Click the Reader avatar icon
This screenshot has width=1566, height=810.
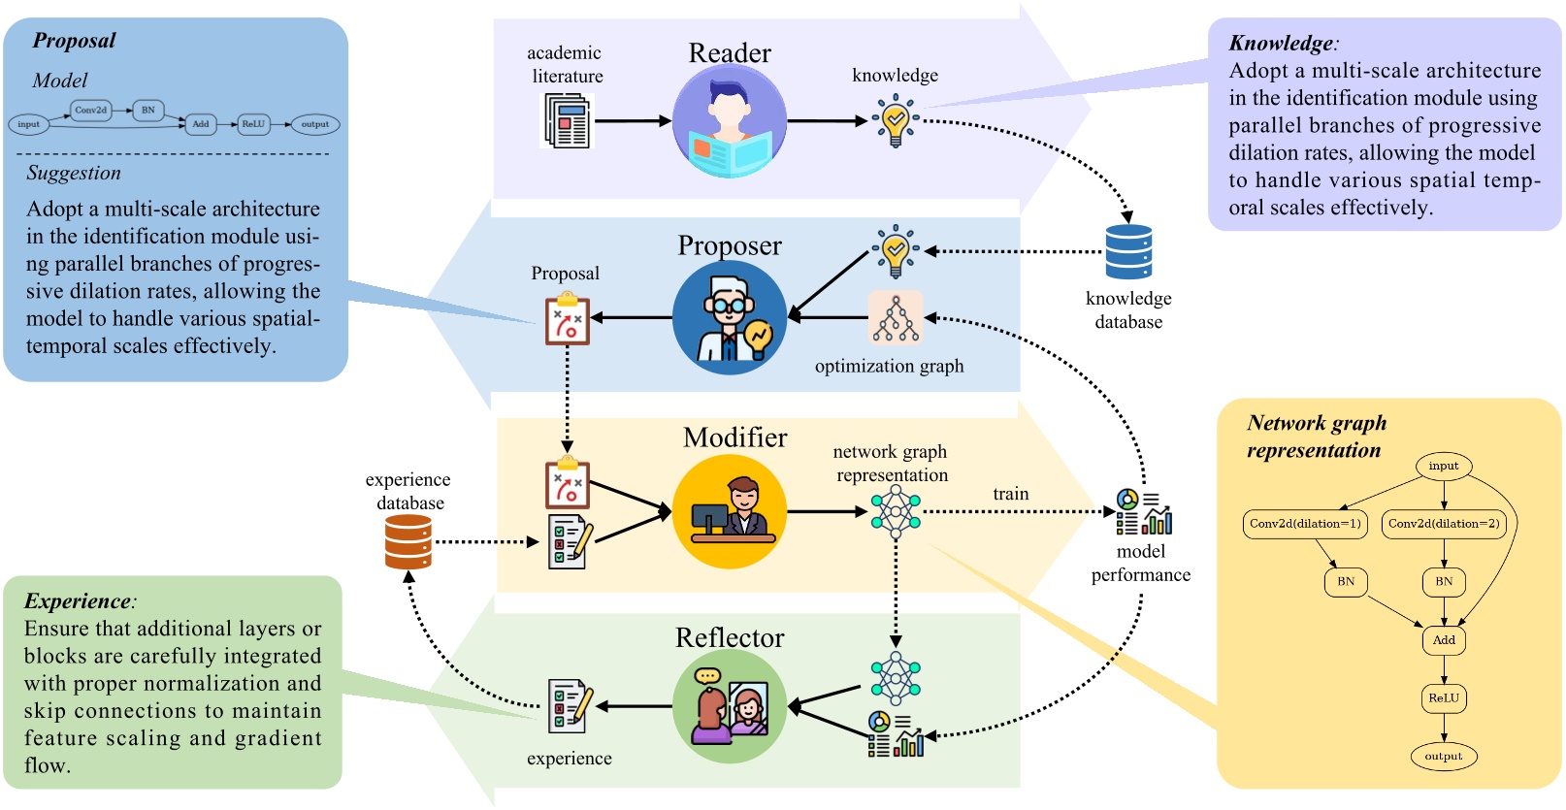729,121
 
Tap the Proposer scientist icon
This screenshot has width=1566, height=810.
729,317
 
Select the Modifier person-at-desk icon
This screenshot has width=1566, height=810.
729,511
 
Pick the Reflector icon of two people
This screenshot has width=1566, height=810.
729,706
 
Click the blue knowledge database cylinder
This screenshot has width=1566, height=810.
1128,252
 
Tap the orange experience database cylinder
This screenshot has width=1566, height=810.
408,541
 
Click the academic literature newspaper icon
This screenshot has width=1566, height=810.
567,121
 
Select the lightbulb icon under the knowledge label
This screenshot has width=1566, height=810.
895,121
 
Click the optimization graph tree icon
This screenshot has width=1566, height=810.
895,318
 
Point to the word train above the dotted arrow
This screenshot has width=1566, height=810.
1010,494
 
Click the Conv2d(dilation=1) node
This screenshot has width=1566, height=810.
1305,524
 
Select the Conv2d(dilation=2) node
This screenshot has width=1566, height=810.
1444,524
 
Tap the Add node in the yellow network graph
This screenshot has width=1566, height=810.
1444,640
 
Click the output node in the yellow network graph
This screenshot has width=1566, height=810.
1444,757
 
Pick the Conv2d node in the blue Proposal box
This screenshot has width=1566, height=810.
90,111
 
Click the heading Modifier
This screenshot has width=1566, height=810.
734,437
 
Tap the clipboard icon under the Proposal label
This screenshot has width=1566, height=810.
567,318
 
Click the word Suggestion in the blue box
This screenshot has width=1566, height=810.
74,174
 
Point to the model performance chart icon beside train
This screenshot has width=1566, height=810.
1144,512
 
